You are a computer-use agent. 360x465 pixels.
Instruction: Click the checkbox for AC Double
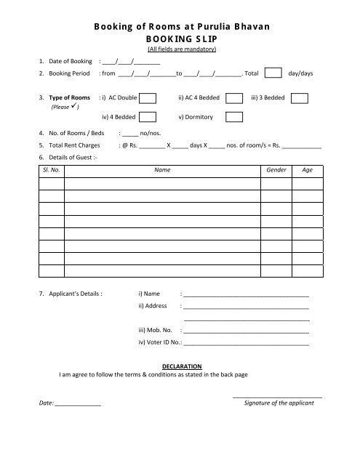coord(147,98)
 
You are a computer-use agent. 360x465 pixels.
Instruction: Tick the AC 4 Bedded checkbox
coord(233,98)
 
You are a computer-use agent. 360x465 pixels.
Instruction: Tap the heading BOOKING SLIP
coord(180,39)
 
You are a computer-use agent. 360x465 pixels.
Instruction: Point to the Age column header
coord(307,170)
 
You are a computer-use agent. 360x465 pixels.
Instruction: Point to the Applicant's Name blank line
coord(247,296)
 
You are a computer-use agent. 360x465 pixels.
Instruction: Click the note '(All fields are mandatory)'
coord(180,49)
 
